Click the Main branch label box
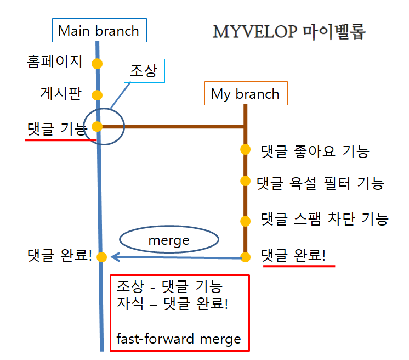[x=99, y=31]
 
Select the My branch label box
[x=245, y=94]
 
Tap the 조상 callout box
[x=144, y=70]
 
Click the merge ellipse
[x=169, y=240]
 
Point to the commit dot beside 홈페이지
[x=97, y=64]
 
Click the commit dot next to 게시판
[x=97, y=95]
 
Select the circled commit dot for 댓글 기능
[x=98, y=127]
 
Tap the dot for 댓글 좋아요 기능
[x=245, y=149]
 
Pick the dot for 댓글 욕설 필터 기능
[x=245, y=181]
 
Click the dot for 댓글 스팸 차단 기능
[x=245, y=221]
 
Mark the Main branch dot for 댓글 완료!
[x=101, y=257]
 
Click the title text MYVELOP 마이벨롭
[x=289, y=32]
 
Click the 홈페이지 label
[x=55, y=61]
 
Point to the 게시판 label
[x=60, y=93]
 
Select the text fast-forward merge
[x=179, y=339]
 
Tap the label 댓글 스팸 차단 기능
[x=325, y=220]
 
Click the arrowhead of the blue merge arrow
[x=114, y=257]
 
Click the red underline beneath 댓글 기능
[x=60, y=139]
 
